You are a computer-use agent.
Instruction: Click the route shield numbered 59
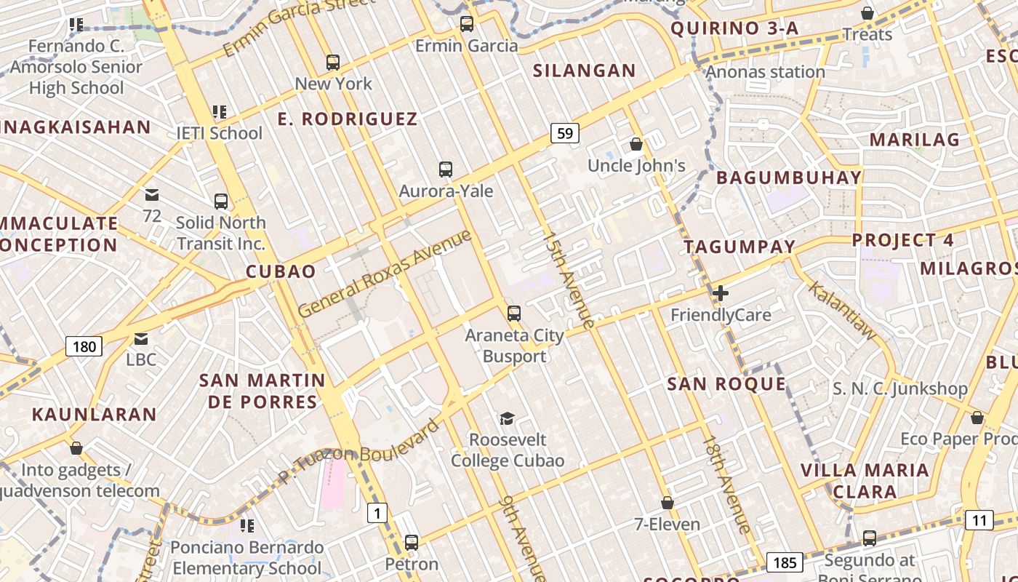pyautogui.click(x=565, y=133)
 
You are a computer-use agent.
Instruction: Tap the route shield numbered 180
pyautogui.click(x=84, y=346)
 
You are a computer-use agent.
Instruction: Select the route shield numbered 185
pyautogui.click(x=784, y=562)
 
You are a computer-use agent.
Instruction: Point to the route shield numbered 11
pyautogui.click(x=979, y=520)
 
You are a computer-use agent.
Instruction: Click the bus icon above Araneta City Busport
pyautogui.click(x=514, y=314)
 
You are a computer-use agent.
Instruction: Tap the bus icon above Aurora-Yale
pyautogui.click(x=446, y=170)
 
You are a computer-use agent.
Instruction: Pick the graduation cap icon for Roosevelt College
pyautogui.click(x=507, y=418)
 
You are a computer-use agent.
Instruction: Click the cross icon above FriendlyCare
pyautogui.click(x=721, y=293)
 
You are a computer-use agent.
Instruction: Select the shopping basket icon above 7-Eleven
pyautogui.click(x=667, y=503)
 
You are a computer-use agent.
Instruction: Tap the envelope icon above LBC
pyautogui.click(x=141, y=338)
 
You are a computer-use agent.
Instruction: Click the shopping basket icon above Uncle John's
pyautogui.click(x=636, y=144)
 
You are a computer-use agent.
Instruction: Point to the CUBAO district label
pyautogui.click(x=281, y=272)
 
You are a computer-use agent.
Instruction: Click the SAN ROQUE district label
pyautogui.click(x=726, y=384)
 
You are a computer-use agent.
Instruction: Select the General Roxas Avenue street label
pyautogui.click(x=385, y=273)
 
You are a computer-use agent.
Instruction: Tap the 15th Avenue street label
pyautogui.click(x=569, y=279)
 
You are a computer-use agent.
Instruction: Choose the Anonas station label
pyautogui.click(x=765, y=72)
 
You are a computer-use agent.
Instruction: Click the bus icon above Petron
pyautogui.click(x=412, y=542)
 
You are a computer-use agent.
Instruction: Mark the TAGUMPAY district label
pyautogui.click(x=740, y=247)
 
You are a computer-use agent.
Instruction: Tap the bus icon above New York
pyautogui.click(x=333, y=63)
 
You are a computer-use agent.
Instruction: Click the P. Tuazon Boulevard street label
pyautogui.click(x=361, y=451)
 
